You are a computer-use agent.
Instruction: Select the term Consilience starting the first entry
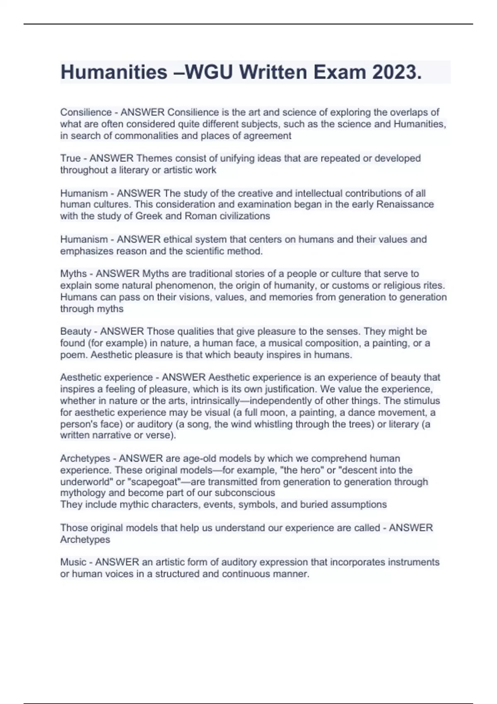[x=86, y=112]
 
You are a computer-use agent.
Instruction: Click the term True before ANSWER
[x=70, y=158]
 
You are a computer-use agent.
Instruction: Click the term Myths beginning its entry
[x=73, y=274]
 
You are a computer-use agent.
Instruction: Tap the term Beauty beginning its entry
[x=75, y=331]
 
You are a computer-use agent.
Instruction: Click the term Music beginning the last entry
[x=73, y=562]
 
